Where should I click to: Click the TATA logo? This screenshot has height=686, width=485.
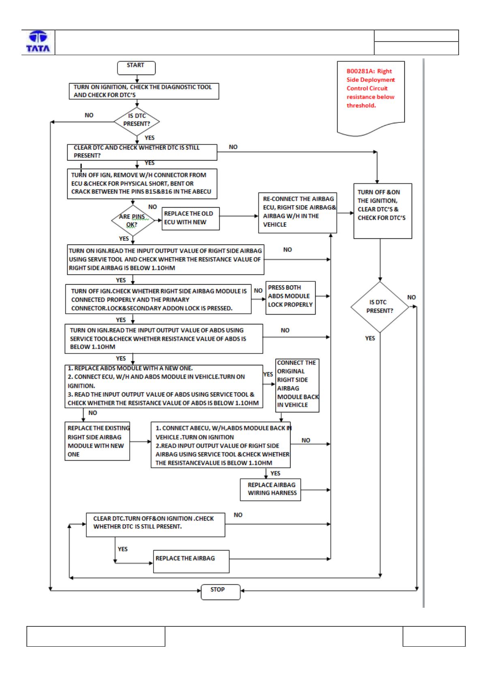[x=38, y=41]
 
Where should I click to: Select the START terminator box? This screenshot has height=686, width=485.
[x=136, y=68]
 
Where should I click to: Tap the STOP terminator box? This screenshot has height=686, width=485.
[x=220, y=592]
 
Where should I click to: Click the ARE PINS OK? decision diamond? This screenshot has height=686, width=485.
[x=132, y=220]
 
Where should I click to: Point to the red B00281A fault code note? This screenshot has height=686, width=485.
[x=371, y=98]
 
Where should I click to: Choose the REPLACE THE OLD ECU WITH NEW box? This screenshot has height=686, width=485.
[x=190, y=219]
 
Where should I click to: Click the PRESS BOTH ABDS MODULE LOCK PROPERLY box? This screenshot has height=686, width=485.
[x=291, y=298]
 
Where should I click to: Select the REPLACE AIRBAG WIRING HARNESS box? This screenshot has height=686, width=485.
[x=270, y=489]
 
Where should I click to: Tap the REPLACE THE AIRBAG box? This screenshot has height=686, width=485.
[x=191, y=562]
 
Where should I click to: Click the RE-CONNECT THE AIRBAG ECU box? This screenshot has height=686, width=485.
[x=297, y=212]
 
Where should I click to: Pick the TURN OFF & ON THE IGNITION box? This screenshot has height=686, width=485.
[x=382, y=211]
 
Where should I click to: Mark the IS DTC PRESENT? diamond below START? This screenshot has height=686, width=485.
[x=137, y=122]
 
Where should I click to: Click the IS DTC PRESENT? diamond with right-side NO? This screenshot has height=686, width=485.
[x=380, y=307]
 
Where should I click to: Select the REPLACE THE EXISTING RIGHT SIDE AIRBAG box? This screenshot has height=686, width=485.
[x=97, y=441]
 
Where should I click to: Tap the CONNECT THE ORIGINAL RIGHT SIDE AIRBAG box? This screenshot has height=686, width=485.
[x=297, y=385]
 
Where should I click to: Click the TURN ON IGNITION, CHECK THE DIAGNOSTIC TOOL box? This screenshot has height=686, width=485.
[x=144, y=91]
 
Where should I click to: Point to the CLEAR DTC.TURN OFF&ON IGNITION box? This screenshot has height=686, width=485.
[x=156, y=525]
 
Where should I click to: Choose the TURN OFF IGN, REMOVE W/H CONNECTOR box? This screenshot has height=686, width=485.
[x=142, y=184]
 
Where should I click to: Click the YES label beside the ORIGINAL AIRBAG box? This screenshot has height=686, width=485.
[x=268, y=374]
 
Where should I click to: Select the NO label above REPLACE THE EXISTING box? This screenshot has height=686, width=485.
[x=92, y=413]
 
